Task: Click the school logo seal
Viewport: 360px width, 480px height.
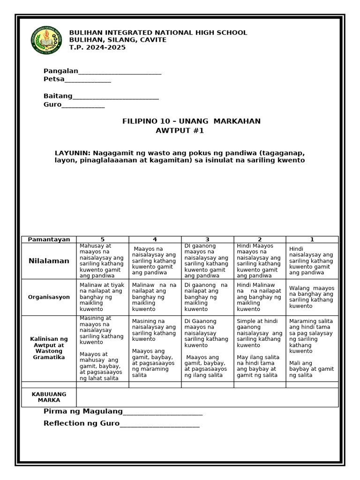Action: point(46,40)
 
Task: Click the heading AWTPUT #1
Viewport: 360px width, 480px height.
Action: point(180,131)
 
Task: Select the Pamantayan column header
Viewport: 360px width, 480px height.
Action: point(49,240)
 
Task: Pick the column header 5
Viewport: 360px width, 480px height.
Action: point(102,240)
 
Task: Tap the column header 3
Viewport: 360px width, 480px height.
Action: point(207,240)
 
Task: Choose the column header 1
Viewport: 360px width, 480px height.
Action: point(312,240)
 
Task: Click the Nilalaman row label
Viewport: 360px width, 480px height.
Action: point(49,261)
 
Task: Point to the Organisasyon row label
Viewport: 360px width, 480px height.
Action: point(49,297)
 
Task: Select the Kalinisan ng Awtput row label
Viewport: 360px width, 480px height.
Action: point(49,348)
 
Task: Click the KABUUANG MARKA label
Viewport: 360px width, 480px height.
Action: point(49,397)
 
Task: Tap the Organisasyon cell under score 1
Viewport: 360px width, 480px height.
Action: point(312,297)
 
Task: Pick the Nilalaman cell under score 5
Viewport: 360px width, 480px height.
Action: point(102,261)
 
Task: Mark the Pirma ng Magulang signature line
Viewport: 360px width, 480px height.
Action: point(162,414)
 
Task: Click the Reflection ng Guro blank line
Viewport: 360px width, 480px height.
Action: point(159,426)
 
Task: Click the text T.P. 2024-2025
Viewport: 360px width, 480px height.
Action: point(97,47)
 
